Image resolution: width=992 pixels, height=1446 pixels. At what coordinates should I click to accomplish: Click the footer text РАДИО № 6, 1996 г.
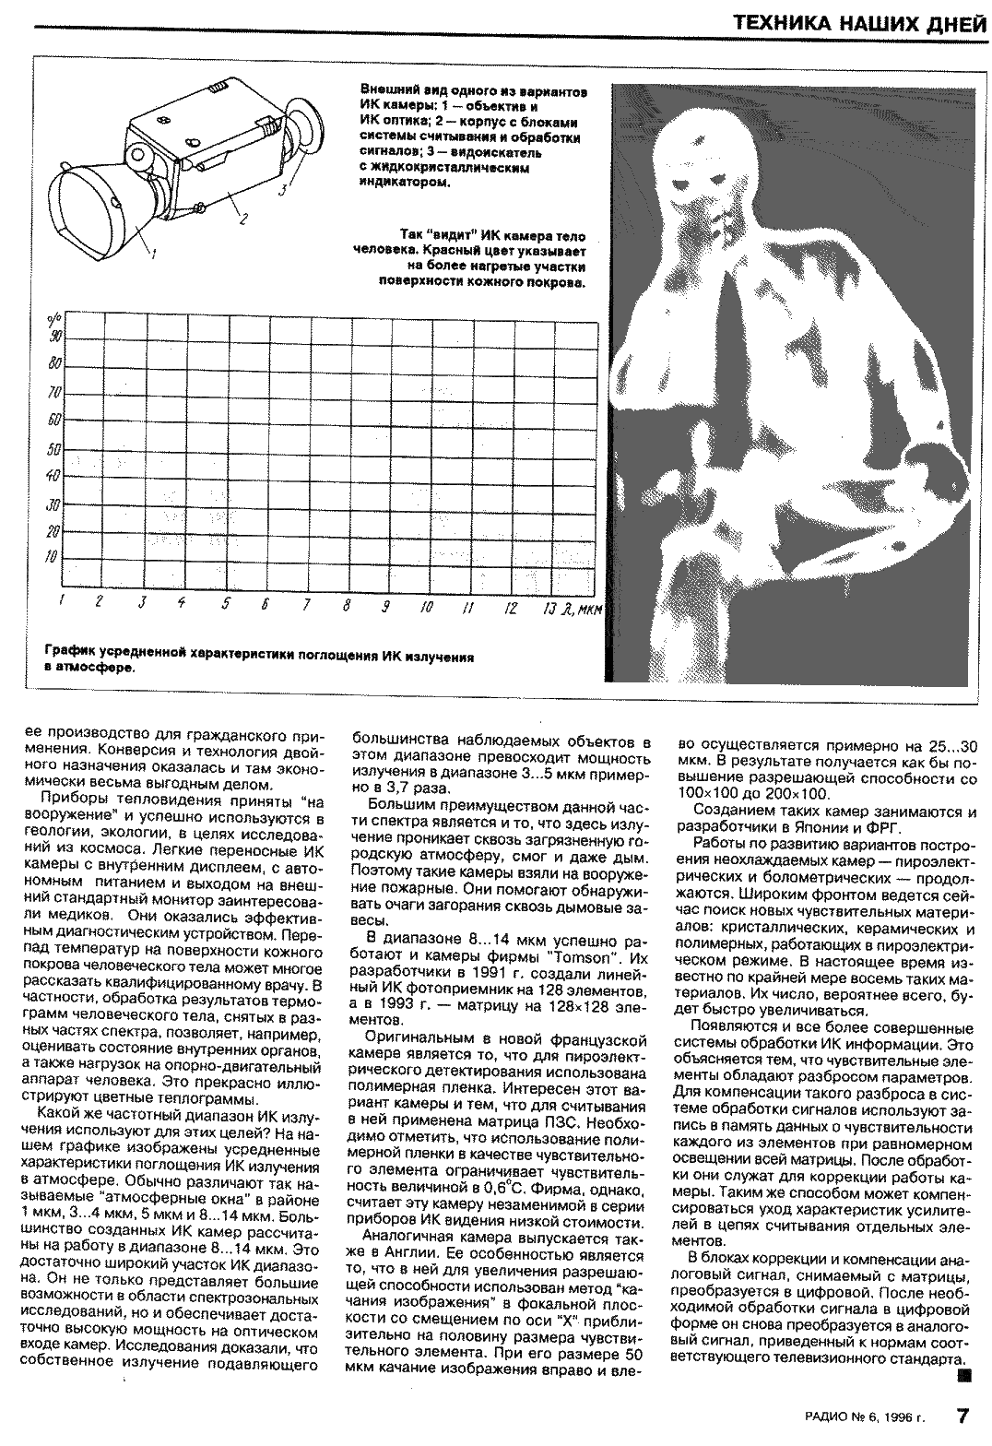(862, 1416)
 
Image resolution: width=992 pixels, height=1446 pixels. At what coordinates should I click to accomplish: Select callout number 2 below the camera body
(242, 219)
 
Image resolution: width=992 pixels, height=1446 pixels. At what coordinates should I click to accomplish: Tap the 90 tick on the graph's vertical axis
(54, 336)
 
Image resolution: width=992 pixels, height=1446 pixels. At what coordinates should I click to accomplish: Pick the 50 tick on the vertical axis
(54, 450)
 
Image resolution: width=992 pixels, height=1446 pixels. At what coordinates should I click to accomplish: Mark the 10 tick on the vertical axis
(53, 557)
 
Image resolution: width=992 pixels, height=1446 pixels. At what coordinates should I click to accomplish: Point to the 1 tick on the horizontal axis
(59, 602)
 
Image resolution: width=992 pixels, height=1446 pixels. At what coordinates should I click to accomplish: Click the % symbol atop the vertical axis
(51, 319)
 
